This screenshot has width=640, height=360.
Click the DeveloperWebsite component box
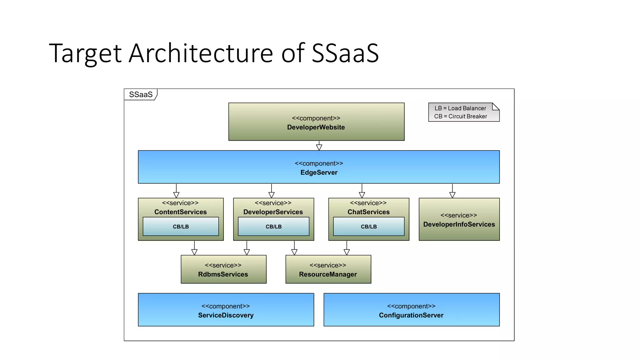pyautogui.click(x=316, y=122)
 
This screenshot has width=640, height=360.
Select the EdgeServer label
pyautogui.click(x=319, y=172)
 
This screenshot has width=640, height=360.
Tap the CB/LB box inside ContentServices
pyautogui.click(x=181, y=227)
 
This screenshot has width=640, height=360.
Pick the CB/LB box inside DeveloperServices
pyautogui.click(x=273, y=227)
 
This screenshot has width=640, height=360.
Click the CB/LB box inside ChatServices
pyautogui.click(x=369, y=227)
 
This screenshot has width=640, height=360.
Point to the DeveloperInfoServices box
pyautogui.click(x=459, y=220)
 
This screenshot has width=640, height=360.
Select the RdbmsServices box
pyautogui.click(x=223, y=270)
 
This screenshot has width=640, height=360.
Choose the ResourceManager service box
pyautogui.click(x=328, y=270)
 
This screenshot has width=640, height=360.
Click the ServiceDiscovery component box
pyautogui.click(x=226, y=310)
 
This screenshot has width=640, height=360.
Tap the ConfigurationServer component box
pyautogui.click(x=411, y=310)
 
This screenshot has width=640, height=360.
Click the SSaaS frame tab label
pyautogui.click(x=141, y=95)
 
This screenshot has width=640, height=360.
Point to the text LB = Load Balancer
pyautogui.click(x=460, y=108)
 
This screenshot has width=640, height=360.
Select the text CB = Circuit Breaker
pyautogui.click(x=460, y=116)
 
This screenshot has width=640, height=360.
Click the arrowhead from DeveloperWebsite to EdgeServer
pyautogui.click(x=319, y=147)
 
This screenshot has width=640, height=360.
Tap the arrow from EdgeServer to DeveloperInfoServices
pyautogui.click(x=452, y=191)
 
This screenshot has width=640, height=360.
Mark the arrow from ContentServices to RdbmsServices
pyautogui.click(x=194, y=248)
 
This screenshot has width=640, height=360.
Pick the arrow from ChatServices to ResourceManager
pyautogui.click(x=347, y=248)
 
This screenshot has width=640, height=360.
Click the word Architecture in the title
pyautogui.click(x=201, y=53)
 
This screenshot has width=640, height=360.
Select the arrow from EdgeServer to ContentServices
pyautogui.click(x=176, y=191)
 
